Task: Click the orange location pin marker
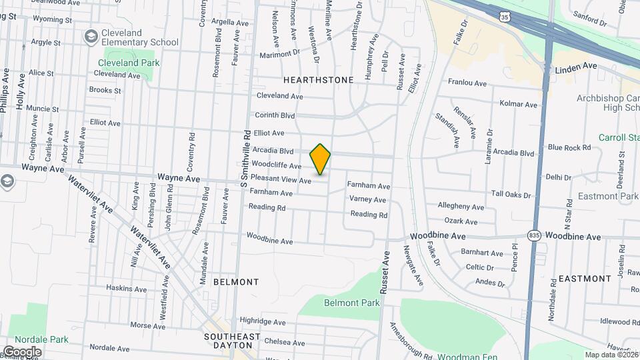pyautogui.click(x=320, y=159)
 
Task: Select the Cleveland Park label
pyautogui.click(x=128, y=63)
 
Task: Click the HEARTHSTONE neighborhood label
pyautogui.click(x=318, y=79)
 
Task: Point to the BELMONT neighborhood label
pyautogui.click(x=235, y=282)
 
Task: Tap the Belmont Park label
pyautogui.click(x=351, y=303)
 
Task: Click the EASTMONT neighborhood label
pyautogui.click(x=585, y=278)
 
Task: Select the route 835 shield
pyautogui.click(x=533, y=235)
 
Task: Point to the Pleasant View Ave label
pyautogui.click(x=281, y=180)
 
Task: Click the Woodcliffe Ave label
pyautogui.click(x=277, y=165)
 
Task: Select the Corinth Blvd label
pyautogui.click(x=275, y=115)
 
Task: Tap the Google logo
pyautogui.click(x=21, y=351)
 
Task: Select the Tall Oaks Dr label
pyautogui.click(x=511, y=195)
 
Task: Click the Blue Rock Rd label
pyautogui.click(x=569, y=147)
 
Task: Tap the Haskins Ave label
pyautogui.click(x=126, y=288)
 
